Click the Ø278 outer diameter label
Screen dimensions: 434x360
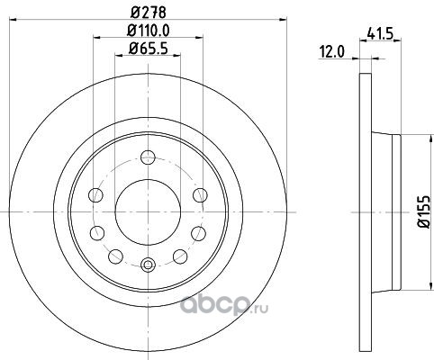(x=149, y=13)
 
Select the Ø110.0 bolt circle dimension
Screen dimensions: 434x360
(x=149, y=31)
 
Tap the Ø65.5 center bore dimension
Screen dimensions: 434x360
(x=149, y=49)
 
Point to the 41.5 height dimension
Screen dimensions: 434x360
(x=380, y=34)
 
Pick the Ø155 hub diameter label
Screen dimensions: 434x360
(x=425, y=211)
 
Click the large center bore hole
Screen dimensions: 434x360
(x=148, y=212)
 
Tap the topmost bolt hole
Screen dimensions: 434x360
(x=148, y=157)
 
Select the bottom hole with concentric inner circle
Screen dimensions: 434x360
(x=148, y=265)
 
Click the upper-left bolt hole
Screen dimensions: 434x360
(x=95, y=195)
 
